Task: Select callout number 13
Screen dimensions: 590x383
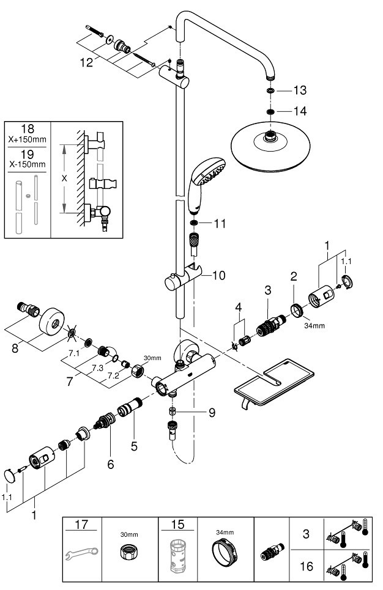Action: pos(299,90)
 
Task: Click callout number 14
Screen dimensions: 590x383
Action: pos(299,111)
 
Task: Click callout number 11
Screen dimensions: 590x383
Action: pos(220,224)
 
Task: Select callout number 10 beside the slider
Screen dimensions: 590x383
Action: pos(218,276)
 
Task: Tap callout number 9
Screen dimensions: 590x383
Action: pos(211,413)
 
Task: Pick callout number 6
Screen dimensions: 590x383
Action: pos(111,465)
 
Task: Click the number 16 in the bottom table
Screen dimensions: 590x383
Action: pos(307,567)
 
